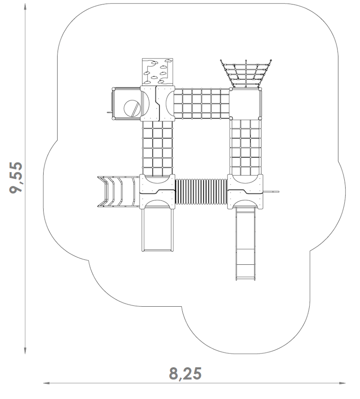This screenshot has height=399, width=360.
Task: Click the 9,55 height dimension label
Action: click(16, 177)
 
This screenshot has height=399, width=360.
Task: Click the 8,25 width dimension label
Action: click(185, 373)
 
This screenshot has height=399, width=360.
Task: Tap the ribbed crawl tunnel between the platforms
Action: click(201, 191)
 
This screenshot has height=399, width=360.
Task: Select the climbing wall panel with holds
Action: click(157, 71)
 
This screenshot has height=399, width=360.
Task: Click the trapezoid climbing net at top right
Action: click(246, 74)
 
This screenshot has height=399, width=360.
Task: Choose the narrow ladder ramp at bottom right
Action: click(245, 244)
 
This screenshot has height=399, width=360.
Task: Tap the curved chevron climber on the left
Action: click(118, 191)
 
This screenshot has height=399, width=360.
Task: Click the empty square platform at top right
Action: click(246, 104)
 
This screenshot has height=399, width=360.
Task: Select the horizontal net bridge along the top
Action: click(202, 104)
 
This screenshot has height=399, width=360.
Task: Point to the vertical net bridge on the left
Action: click(157, 148)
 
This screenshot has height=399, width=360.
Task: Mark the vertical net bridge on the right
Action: click(246, 147)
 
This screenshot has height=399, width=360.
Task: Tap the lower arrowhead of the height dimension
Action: click(25, 350)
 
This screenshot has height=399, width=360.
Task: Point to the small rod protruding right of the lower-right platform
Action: click(271, 191)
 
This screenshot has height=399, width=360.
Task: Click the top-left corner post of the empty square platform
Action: click(231, 89)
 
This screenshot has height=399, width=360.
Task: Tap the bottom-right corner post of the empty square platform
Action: click(260, 118)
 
